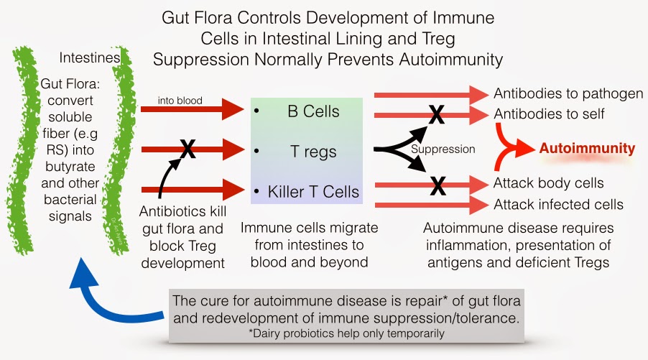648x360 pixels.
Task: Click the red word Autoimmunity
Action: click(587, 149)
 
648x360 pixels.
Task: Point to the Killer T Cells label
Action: click(314, 192)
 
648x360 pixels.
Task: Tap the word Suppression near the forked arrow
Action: click(443, 149)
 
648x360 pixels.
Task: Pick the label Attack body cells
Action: click(548, 183)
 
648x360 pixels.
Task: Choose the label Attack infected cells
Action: click(558, 204)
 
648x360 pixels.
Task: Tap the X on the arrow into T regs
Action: click(187, 149)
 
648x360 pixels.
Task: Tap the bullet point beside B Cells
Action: click(256, 113)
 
